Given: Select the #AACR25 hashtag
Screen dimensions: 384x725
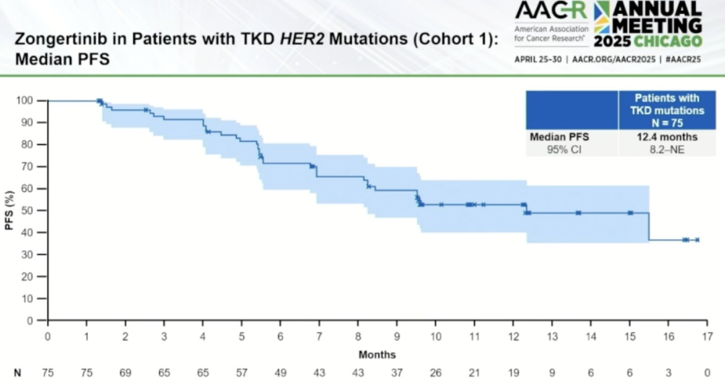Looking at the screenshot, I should click(x=682, y=59).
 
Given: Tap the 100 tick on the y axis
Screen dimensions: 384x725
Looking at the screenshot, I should click(x=26, y=101).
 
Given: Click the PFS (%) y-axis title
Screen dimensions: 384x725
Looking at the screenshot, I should click(x=9, y=210).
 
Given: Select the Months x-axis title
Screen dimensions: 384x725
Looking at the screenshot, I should click(x=377, y=354).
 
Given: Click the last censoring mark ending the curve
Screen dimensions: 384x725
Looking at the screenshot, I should click(x=697, y=240).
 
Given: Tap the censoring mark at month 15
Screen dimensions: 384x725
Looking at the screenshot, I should click(x=630, y=213).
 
